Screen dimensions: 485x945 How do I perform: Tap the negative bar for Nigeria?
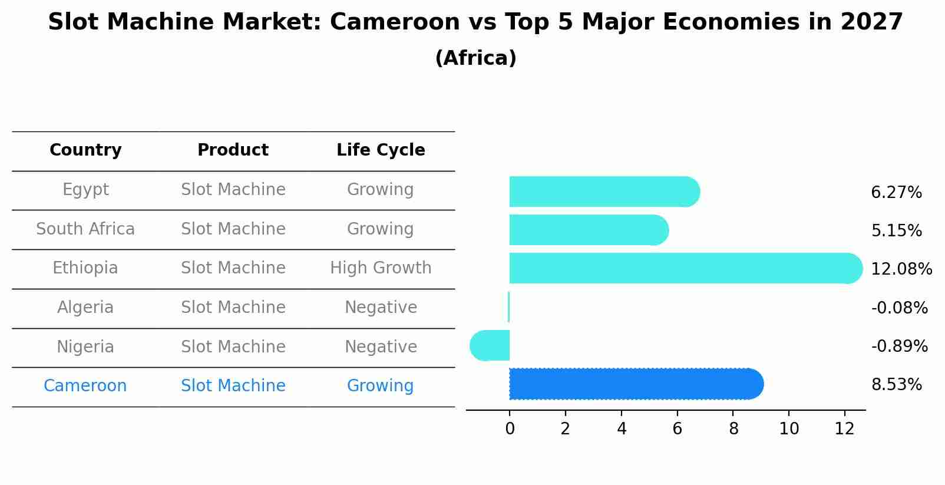coord(490,345)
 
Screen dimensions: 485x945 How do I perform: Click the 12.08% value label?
coord(901,269)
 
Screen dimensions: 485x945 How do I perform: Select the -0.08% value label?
coord(899,308)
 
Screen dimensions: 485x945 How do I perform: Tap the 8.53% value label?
coord(896,385)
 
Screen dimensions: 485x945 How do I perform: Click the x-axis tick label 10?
coord(789,429)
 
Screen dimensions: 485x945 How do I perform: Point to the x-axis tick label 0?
coord(510,429)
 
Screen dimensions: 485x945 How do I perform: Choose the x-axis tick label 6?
coord(677,429)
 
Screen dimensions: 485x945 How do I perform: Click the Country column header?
coord(85,150)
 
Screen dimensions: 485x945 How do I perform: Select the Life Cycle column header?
coord(381,150)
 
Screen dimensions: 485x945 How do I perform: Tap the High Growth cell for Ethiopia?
coord(381,268)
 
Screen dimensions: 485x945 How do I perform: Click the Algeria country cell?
coord(85,308)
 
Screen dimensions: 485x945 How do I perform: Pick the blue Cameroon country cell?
coord(85,386)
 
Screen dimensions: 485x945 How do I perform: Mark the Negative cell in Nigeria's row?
coord(381,347)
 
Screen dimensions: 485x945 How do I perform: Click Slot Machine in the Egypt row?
coord(233,190)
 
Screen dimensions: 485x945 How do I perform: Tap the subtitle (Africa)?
coord(475,58)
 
